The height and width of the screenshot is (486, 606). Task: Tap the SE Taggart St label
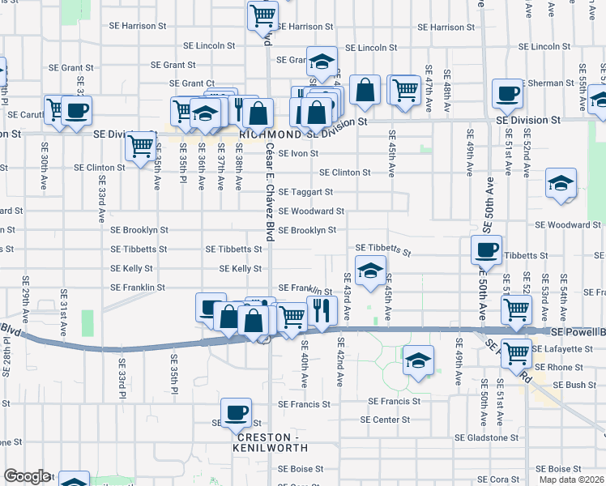[305, 192]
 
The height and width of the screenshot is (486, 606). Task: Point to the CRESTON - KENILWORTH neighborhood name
[269, 441]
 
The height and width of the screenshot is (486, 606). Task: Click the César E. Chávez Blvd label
[267, 190]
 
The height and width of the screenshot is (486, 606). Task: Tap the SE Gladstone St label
[485, 437]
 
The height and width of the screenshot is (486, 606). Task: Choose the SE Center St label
[385, 420]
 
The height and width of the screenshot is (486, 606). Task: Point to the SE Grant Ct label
[192, 83]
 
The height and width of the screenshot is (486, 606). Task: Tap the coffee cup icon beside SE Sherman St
[508, 94]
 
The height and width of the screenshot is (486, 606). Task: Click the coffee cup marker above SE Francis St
[236, 413]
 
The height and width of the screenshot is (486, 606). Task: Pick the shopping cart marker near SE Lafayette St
[516, 353]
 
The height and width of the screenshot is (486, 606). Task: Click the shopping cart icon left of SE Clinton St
[141, 147]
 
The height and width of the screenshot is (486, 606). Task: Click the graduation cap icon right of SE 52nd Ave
[561, 185]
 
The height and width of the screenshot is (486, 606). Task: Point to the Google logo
[27, 476]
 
